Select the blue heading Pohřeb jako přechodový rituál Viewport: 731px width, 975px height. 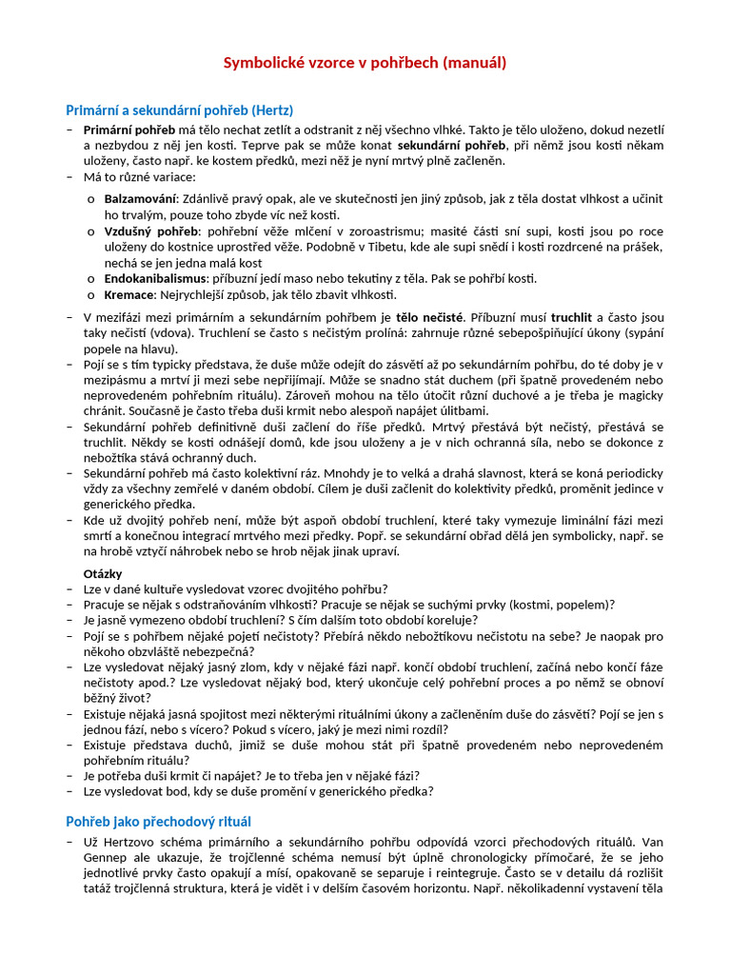tap(158, 821)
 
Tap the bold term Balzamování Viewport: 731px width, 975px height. tap(141, 198)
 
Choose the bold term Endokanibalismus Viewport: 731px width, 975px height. tap(155, 278)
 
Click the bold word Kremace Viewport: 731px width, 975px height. tap(128, 294)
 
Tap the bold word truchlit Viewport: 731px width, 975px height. tap(571, 317)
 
